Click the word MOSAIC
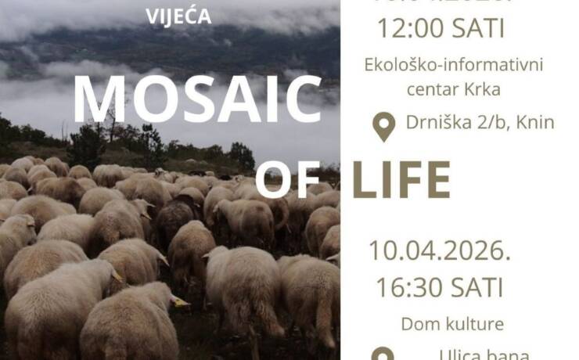point(197,101)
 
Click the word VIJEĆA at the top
point(179,16)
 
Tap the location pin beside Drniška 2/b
point(383,127)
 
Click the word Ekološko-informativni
point(454,64)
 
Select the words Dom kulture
point(441,322)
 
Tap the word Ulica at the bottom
point(461,354)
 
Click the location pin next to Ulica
point(383,355)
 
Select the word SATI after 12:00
point(477,28)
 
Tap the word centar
point(433,88)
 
